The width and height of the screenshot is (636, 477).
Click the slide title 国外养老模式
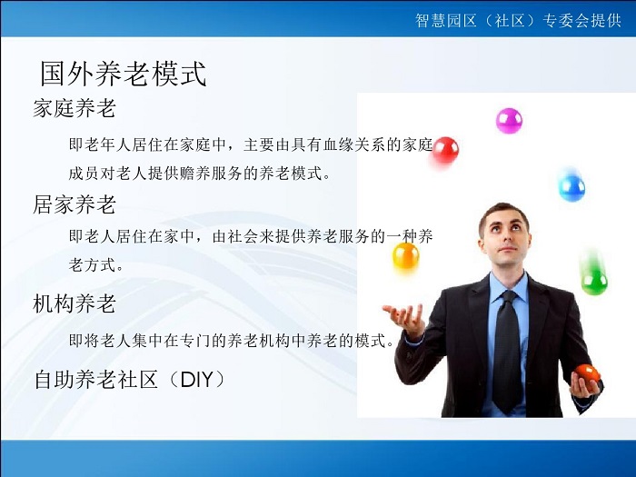click(124, 74)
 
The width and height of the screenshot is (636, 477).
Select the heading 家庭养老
click(75, 108)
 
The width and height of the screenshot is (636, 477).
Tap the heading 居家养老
click(75, 204)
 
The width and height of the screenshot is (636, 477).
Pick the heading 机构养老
click(75, 303)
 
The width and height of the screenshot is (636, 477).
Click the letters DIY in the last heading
click(197, 380)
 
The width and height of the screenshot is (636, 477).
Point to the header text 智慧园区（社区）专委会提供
click(518, 20)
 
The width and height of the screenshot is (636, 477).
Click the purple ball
click(509, 121)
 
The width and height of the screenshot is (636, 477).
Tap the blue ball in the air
click(571, 187)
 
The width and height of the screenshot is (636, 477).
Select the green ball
click(594, 281)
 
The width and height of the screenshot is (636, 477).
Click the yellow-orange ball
click(405, 255)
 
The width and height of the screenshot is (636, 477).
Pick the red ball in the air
click(445, 151)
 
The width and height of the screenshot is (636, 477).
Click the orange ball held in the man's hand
click(587, 374)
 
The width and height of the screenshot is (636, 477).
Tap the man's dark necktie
click(507, 348)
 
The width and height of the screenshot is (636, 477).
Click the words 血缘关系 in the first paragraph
click(353, 144)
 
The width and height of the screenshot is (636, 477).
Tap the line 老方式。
click(96, 265)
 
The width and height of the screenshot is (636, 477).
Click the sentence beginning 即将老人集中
click(232, 340)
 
